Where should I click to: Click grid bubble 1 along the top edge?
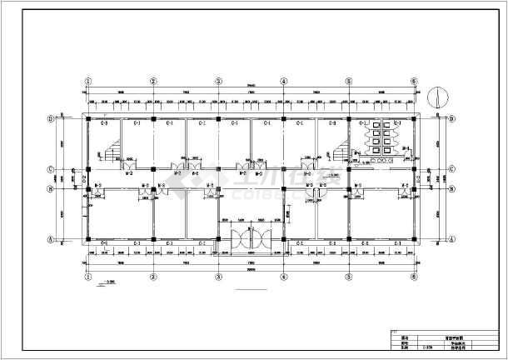pyautogui.click(x=87, y=82)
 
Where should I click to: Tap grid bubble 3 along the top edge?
pyautogui.click(x=218, y=82)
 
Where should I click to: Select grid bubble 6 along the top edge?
pyautogui.click(x=413, y=82)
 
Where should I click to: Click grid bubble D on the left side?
pyautogui.click(x=51, y=119)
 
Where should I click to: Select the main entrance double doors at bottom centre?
pyautogui.click(x=251, y=237)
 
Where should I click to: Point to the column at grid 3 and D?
pyautogui.click(x=218, y=119)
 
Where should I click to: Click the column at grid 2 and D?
pyautogui.click(x=153, y=119)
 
